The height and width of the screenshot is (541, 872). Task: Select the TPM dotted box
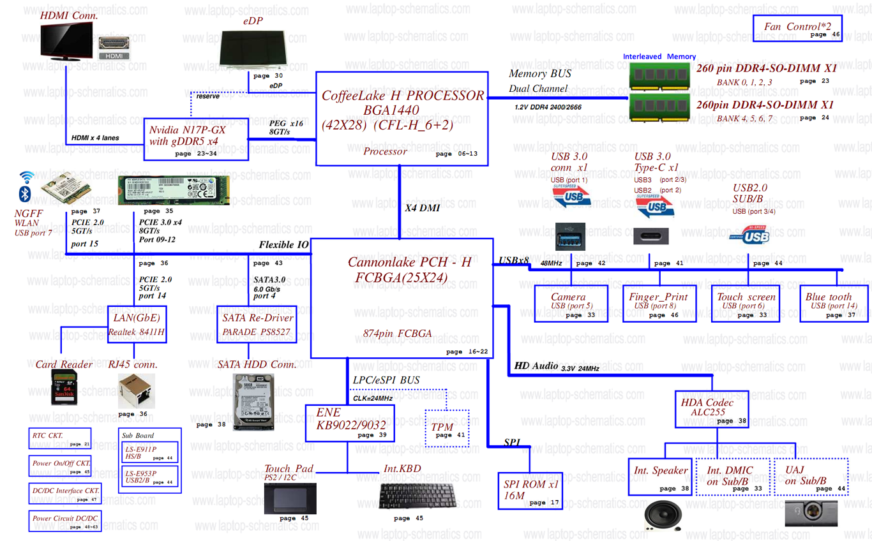[447, 428]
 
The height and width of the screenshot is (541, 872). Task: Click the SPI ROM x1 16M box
[530, 490]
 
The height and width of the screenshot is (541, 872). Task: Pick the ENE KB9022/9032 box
[349, 423]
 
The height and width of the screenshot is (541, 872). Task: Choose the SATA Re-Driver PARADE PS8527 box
[257, 325]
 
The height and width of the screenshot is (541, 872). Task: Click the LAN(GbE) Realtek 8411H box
[137, 325]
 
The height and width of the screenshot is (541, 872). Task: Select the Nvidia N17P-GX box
[195, 138]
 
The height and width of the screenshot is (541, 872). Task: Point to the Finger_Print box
[658, 304]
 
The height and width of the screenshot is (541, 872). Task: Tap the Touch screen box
[746, 304]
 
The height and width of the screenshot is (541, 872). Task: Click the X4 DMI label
[423, 208]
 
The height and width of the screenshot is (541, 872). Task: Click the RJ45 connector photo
[136, 390]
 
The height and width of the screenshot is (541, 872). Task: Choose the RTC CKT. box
[61, 438]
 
